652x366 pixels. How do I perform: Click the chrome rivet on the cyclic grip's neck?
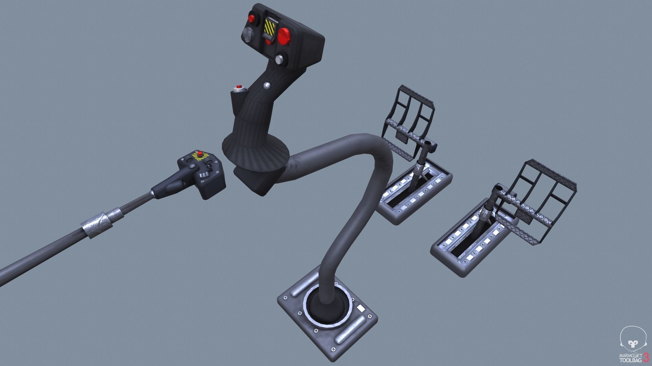[267, 84]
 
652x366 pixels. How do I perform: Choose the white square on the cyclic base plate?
[360, 308]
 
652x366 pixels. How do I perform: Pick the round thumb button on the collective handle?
[192, 167]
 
